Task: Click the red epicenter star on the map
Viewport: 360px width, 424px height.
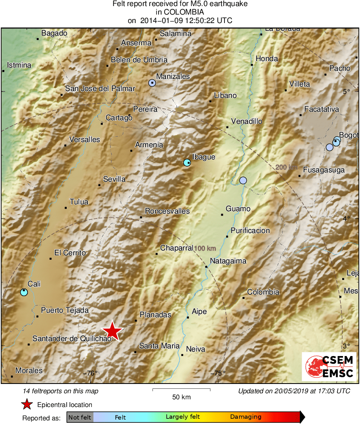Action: click(x=112, y=331)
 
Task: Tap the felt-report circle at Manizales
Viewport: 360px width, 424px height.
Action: click(x=152, y=83)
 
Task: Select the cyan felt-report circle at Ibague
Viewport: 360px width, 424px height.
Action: click(x=187, y=163)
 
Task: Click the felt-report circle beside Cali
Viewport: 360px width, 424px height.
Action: click(x=24, y=292)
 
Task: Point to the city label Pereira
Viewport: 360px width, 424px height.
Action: click(x=145, y=109)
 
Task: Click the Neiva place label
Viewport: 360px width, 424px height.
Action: click(x=195, y=349)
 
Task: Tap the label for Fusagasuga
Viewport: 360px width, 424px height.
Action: click(x=324, y=170)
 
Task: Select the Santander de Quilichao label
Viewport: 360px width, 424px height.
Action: click(x=72, y=338)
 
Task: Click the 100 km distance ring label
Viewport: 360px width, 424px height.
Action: click(x=205, y=248)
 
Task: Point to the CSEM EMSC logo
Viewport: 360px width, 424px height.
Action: click(x=329, y=367)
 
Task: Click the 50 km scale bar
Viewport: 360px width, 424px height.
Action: click(x=181, y=390)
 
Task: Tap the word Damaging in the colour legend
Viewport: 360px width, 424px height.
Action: click(x=246, y=417)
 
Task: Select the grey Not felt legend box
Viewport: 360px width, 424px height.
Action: click(x=80, y=417)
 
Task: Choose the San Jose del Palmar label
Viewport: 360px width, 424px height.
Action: click(x=100, y=89)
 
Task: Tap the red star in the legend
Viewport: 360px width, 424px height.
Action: click(x=27, y=404)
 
